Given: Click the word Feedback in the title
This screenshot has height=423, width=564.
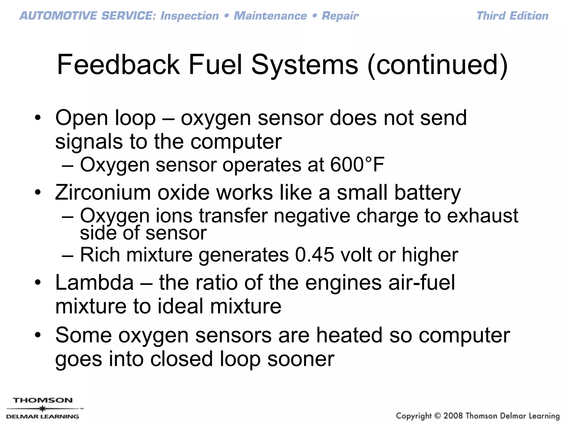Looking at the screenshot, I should coord(118,65).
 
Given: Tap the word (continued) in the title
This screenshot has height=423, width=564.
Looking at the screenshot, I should coord(437,65).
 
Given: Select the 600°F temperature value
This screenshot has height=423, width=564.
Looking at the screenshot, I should coord(357,165).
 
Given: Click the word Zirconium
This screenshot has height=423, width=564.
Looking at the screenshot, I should coord(103,192).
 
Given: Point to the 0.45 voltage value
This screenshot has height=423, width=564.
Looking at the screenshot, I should coord(314,255).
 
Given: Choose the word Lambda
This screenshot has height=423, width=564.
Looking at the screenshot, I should coord(94,283).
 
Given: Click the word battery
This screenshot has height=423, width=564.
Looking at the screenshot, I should coord(427,193).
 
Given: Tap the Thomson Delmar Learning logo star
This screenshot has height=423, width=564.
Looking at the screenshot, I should coord(42,409).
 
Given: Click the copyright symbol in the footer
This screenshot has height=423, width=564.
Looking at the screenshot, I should coord(437,416).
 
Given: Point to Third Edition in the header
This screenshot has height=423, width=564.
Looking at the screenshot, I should coord(512,16).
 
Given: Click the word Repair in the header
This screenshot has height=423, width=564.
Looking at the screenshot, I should coord(340,16).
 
